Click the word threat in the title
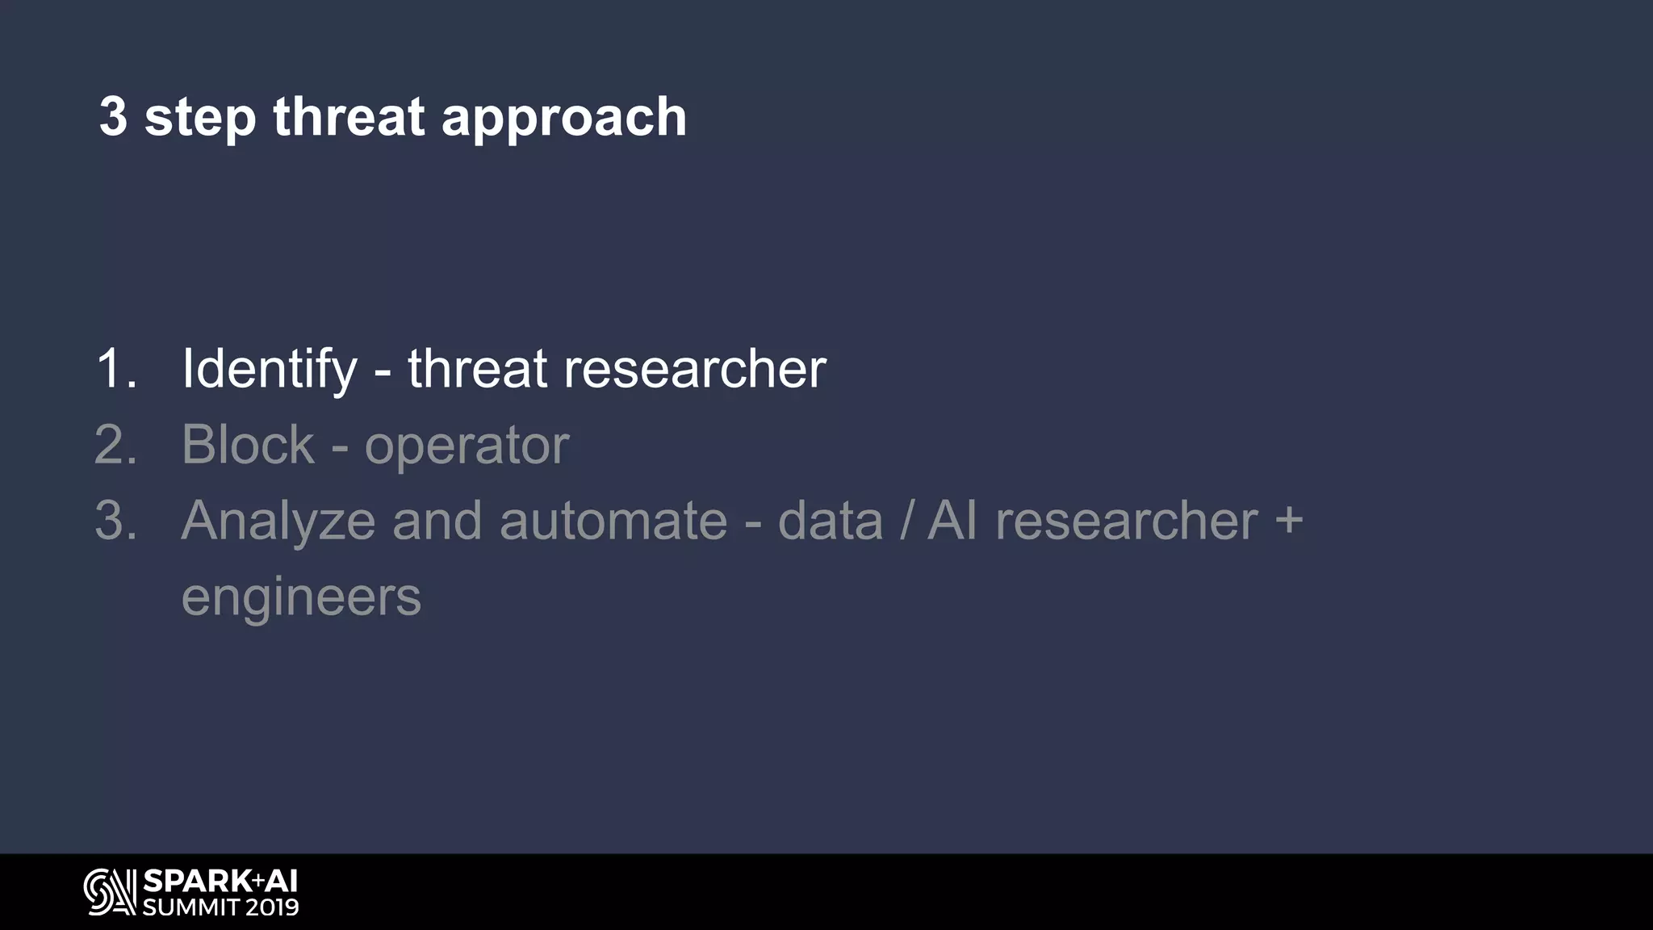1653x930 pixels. click(348, 117)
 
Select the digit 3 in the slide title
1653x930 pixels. click(113, 117)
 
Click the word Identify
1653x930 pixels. click(270, 370)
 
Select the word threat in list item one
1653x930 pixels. click(477, 369)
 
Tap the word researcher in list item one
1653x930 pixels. click(694, 369)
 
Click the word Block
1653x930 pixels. click(248, 445)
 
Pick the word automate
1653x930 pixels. click(613, 521)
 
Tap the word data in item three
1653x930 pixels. click(831, 521)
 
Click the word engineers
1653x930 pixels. click(301, 598)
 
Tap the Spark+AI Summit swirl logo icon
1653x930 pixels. click(109, 892)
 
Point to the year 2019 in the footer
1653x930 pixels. click(272, 907)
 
